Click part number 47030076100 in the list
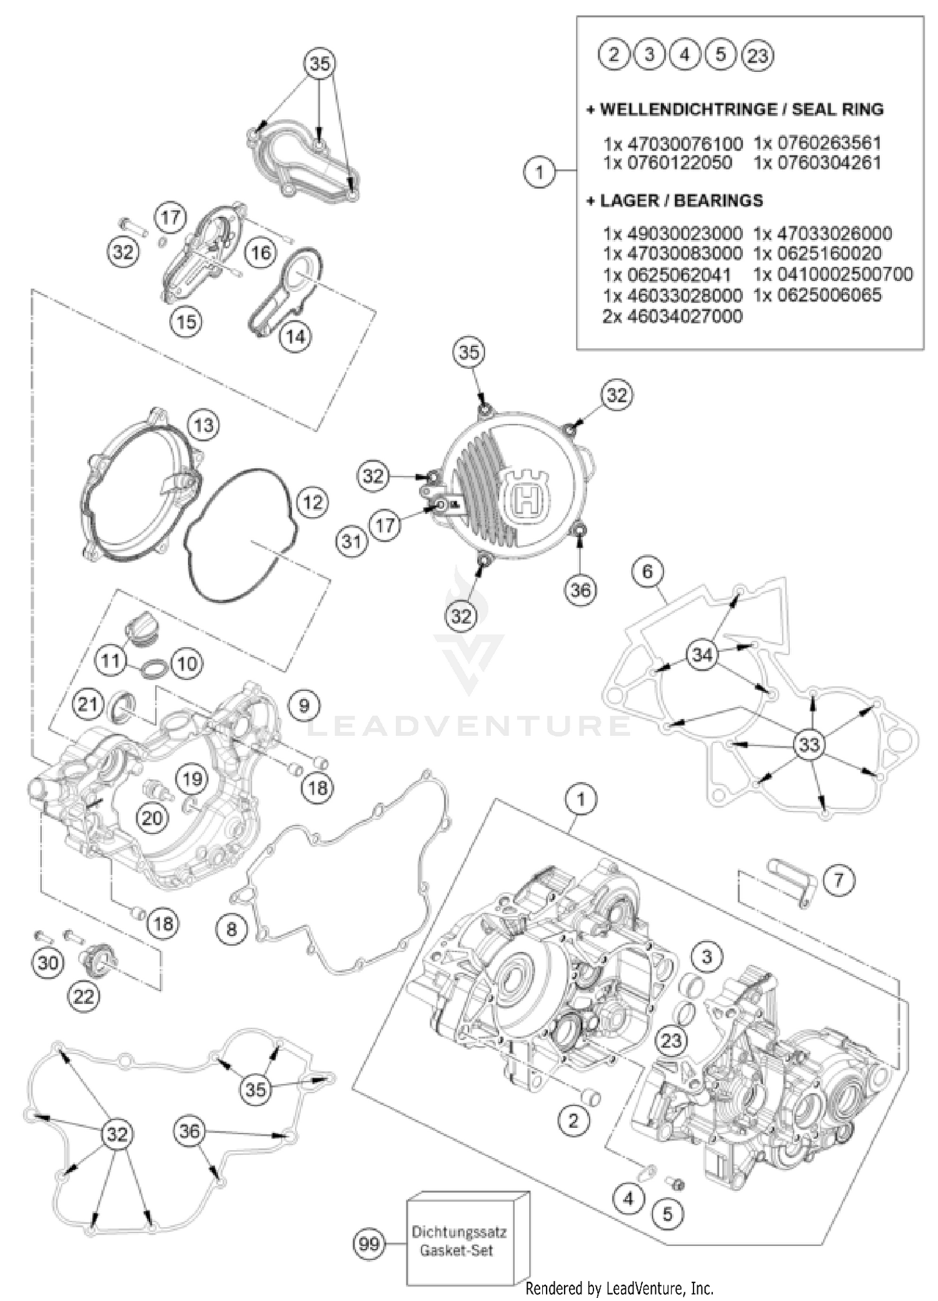pos(673,143)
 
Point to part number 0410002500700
pos(833,274)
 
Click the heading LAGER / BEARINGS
pos(675,201)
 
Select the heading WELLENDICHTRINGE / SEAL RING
pos(735,109)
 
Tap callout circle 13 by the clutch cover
pos(204,425)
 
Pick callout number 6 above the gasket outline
pos(647,571)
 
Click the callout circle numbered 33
pos(809,745)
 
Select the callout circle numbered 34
pos(702,655)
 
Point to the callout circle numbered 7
pos(839,880)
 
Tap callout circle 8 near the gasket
pos(232,929)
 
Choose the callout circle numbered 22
pos(84,997)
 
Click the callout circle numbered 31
pos(351,540)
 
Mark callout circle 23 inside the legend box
pos(757,56)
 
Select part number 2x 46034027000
pos(672,316)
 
